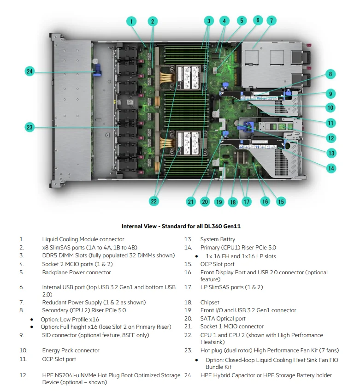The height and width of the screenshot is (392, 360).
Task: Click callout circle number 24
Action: [30, 71]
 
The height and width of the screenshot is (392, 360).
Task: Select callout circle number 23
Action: [30, 127]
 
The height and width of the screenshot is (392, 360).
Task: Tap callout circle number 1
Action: [131, 21]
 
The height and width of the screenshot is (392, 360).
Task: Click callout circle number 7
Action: [271, 20]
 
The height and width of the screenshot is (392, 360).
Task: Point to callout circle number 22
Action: [153, 201]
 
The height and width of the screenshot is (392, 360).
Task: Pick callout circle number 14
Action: [331, 168]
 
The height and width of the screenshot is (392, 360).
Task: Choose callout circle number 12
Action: [331, 137]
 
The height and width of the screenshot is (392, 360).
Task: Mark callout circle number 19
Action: [219, 202]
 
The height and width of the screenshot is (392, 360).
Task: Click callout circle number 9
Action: [331, 94]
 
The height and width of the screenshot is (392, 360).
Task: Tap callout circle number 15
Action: [281, 201]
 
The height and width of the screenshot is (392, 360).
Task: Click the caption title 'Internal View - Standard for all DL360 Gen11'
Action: [181, 226]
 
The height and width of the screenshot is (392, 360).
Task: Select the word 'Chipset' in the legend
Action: [210, 303]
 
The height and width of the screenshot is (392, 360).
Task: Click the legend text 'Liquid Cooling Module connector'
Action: [83, 239]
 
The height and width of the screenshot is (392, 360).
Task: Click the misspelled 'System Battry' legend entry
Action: [218, 239]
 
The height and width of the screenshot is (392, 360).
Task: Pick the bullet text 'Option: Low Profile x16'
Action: [70, 319]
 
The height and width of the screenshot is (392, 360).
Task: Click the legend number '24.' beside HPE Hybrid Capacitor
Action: [188, 375]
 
